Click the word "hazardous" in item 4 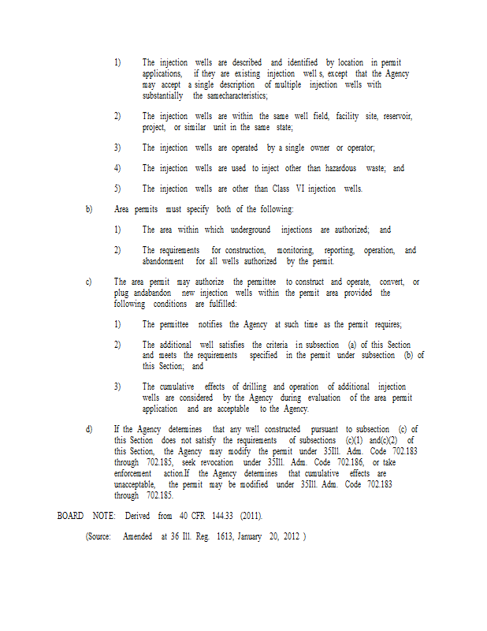click(340, 168)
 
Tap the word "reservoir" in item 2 click(394, 116)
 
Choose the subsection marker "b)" click(89, 209)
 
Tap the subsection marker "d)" click(89, 428)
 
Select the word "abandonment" click(163, 261)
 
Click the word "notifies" click(208, 324)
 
